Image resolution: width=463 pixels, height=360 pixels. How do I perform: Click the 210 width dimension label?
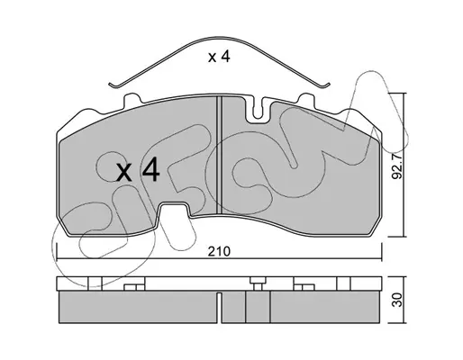pos(219,251)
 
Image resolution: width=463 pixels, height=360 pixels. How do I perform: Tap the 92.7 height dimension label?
pos(397,166)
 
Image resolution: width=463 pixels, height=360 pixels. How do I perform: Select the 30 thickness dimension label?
pos(397,300)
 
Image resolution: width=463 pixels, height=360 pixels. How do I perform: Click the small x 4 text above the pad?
pos(219,57)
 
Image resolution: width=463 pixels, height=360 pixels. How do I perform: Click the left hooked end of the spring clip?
pos(113,85)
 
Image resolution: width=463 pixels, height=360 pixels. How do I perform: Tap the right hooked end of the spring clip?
pos(326,85)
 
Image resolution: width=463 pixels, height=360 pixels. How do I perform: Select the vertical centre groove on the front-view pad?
pos(219,155)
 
